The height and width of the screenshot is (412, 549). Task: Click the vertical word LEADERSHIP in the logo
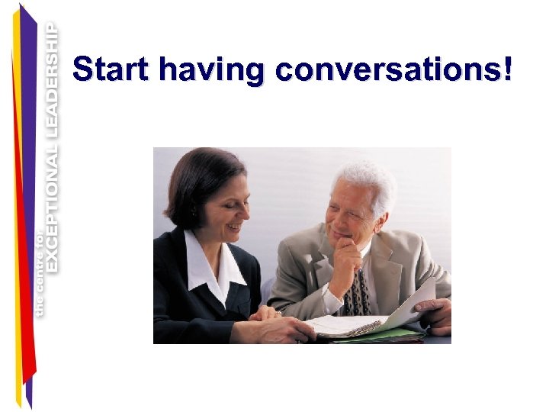[52, 82]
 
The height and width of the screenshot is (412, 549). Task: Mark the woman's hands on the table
[271, 325]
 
